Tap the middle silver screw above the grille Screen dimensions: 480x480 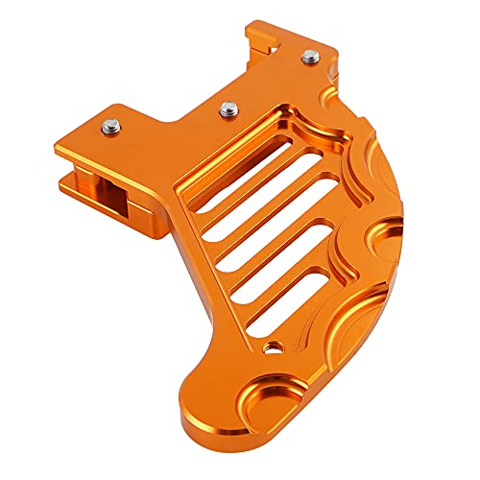click(x=229, y=110)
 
